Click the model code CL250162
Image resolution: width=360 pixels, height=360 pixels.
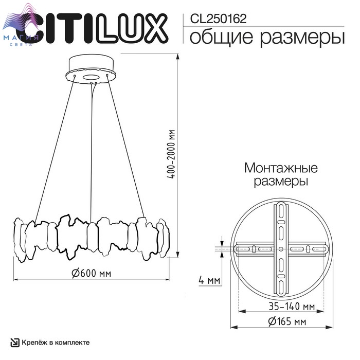point(218,19)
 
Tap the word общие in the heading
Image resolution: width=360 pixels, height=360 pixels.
point(221,37)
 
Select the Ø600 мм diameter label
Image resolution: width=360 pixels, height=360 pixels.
point(92,273)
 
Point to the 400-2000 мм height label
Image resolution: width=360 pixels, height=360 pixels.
point(171,154)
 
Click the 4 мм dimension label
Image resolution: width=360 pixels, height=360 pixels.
point(209,280)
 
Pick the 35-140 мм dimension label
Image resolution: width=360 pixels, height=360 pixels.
point(292,307)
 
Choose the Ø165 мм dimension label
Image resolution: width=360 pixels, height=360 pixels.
point(287,321)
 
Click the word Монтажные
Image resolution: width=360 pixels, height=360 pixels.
point(281,168)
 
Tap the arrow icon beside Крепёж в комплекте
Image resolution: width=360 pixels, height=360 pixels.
point(15,343)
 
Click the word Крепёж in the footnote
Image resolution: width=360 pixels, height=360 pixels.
point(34,343)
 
